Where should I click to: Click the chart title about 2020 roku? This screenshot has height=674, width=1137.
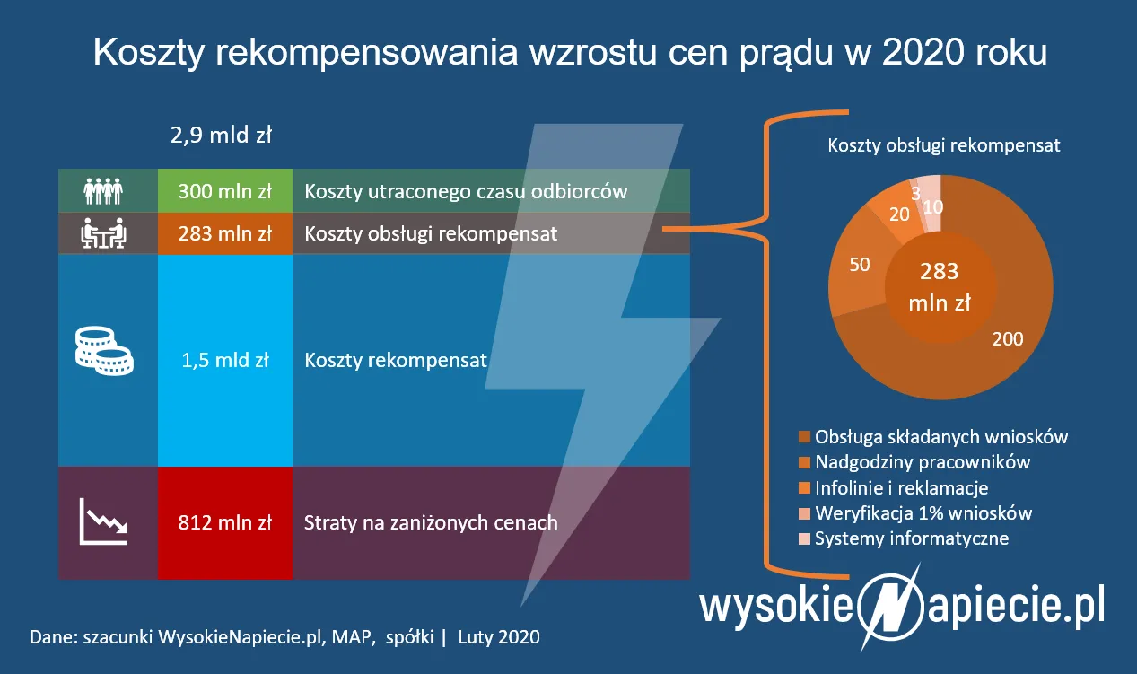tap(569, 53)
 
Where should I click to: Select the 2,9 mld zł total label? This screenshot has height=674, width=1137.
tap(221, 136)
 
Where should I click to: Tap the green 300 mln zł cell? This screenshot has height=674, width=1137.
tap(224, 190)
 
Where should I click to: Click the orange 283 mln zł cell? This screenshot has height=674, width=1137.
tap(224, 233)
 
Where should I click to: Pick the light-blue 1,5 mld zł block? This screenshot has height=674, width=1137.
tap(224, 360)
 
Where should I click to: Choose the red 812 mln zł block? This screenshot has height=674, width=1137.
tap(224, 522)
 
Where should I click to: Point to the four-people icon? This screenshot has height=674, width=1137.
tap(103, 190)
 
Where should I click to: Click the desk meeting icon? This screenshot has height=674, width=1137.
tap(103, 233)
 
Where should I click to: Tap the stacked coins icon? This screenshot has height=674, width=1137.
tap(103, 352)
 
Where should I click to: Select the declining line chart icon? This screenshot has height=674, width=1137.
tap(103, 521)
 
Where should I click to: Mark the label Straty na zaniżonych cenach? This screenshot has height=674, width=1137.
tap(431, 522)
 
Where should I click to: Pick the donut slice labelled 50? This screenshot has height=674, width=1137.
tap(860, 267)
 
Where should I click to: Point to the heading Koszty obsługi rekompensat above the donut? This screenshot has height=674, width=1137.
tap(943, 144)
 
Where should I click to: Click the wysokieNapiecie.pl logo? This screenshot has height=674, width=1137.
tap(902, 606)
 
